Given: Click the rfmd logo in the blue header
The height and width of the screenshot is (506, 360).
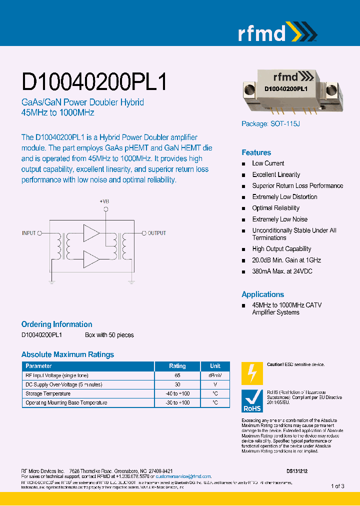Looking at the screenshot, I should pos(277,33).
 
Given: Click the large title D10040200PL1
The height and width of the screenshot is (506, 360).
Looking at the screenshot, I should pos(94,81).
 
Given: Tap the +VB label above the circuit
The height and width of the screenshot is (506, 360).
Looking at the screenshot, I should pos(104,201).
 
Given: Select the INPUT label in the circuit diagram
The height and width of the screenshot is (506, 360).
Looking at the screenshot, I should pos(29,233).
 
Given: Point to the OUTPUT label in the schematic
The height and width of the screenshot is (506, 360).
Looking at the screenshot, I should pos(156,233).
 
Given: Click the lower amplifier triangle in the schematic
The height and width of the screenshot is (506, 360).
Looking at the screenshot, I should pos(91,259).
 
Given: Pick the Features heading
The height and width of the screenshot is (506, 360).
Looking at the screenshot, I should pos(256,152).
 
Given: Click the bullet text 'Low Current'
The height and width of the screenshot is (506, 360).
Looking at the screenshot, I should pos(268,163).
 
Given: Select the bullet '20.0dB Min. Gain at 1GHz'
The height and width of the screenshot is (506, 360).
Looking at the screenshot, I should pos(286,260).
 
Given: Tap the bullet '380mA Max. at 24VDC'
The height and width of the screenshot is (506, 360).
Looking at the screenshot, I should pos(283,271).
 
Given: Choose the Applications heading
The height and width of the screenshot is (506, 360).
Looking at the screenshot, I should pos(262,294).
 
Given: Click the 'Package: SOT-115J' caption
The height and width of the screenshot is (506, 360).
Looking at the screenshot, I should pos(270,124).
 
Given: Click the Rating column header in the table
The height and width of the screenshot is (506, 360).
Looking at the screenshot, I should pos(177,366).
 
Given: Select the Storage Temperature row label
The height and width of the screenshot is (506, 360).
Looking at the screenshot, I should pos(48,393).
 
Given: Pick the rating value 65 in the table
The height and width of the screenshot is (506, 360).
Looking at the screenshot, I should pos(177,375).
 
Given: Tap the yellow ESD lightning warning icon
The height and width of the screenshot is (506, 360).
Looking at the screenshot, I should pos(252,373).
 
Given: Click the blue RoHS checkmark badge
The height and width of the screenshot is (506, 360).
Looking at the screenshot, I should pos(252,401).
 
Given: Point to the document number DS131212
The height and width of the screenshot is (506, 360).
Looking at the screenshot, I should pos(297,471).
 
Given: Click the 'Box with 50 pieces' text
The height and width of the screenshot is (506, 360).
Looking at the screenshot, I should pos(109,335).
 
